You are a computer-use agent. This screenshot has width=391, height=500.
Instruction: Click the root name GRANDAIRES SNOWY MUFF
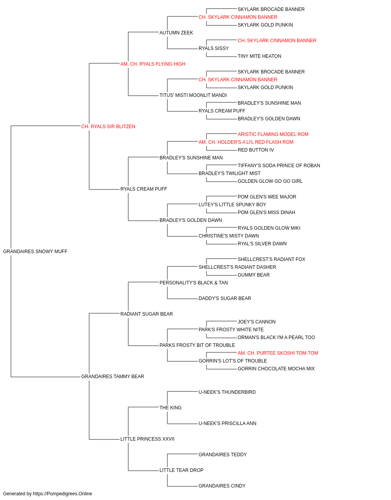coord(35,252)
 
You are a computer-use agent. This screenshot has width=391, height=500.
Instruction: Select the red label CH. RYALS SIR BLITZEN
coord(108,127)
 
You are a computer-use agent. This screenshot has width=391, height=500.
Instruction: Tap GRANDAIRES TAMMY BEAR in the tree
coord(113,377)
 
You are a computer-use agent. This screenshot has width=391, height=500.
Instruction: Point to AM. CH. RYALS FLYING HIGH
coord(152,64)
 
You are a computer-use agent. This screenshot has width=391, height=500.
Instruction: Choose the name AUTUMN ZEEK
coord(176,33)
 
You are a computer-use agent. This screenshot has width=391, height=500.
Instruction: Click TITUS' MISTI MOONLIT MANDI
coord(193,95)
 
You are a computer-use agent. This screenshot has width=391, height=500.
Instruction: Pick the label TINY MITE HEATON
coord(259,56)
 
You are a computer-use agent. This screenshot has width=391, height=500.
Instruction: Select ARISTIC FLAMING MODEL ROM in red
coord(273,134)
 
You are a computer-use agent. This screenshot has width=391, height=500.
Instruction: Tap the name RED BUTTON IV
coord(256,150)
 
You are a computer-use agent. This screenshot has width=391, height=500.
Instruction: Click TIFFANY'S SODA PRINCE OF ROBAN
coord(279,166)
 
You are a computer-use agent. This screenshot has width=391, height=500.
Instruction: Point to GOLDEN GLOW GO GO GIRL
coord(270,181)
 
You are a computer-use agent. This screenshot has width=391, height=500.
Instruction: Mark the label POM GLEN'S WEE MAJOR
coord(267,197)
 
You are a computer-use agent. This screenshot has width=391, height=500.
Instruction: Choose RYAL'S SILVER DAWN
coord(262,244)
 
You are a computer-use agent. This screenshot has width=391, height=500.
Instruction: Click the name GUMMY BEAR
coord(253,275)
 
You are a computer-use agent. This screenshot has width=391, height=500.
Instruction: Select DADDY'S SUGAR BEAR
coord(225,298)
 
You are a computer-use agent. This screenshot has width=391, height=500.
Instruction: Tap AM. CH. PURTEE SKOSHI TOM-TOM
coord(278,353)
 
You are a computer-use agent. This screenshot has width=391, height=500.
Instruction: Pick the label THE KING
coord(170,408)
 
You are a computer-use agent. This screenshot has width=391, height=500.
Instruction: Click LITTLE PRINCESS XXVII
coord(147,439)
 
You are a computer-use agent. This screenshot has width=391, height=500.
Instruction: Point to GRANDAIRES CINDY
coord(222,486)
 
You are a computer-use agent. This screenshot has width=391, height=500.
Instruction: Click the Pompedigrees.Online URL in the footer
coord(63,494)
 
